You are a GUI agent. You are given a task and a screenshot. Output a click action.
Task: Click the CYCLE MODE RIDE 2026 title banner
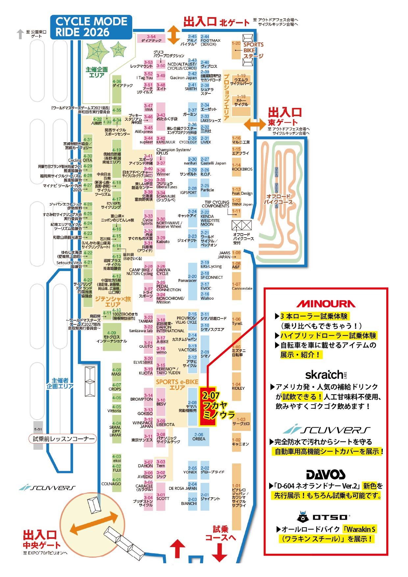pos(91,27)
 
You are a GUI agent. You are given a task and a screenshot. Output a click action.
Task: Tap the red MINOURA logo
pos(326,304)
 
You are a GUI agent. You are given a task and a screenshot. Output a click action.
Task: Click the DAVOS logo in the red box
pos(326,474)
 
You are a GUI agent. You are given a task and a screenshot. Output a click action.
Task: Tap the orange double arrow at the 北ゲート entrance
pos(173,35)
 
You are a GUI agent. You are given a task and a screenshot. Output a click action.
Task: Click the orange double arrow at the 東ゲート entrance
pos(255,124)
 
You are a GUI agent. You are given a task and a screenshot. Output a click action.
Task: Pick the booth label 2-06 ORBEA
pos(199,437)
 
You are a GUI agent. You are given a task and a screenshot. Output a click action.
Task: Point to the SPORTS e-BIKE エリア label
pos(177,385)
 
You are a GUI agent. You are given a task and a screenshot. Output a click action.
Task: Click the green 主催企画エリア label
pos(97,72)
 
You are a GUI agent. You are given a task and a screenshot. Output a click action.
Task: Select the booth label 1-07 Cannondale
pos(242,287)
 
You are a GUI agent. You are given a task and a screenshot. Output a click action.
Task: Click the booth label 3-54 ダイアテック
pos(151,39)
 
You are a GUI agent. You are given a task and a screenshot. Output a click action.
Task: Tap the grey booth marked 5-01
pos(38,429)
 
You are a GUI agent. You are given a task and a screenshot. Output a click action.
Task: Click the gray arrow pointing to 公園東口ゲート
pos(20,34)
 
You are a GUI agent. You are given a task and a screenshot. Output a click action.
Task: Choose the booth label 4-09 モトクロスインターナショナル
pos(112,337)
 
